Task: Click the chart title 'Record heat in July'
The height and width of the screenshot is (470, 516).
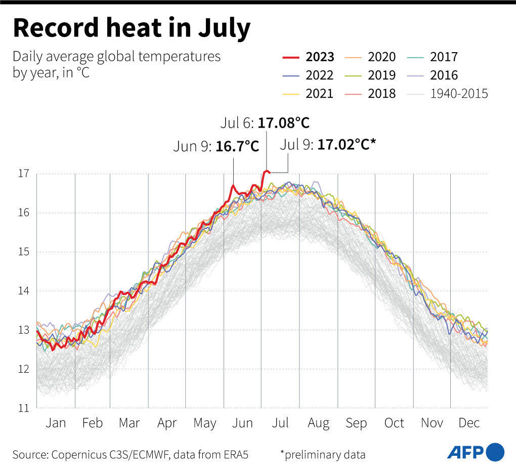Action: [132, 28]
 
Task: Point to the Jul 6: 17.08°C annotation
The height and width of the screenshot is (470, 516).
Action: [265, 123]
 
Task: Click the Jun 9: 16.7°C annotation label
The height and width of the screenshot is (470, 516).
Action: [216, 147]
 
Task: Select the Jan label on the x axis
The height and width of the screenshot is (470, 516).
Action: [56, 423]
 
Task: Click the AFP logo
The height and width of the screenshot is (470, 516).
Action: [476, 452]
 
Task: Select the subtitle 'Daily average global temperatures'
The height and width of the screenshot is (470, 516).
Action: [116, 56]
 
